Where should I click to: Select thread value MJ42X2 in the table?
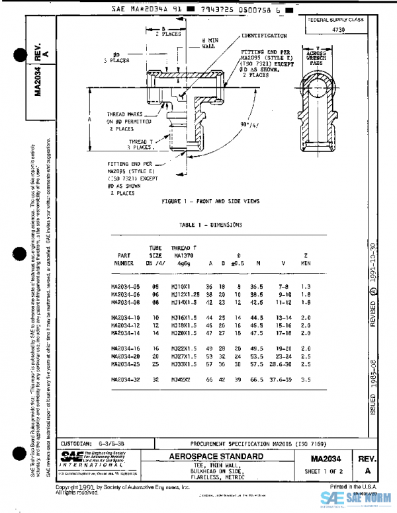(x=181, y=379)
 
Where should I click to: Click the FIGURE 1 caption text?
(x=211, y=200)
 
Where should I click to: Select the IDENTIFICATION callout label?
(x=264, y=35)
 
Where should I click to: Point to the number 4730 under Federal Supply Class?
(x=337, y=30)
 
